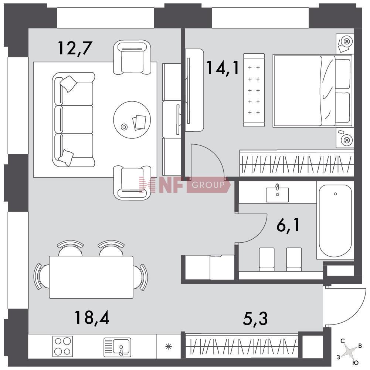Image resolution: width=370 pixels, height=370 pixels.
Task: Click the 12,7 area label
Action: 74,48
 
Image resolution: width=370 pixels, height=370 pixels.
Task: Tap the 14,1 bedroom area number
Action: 223,68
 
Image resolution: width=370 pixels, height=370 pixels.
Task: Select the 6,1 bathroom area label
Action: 288,225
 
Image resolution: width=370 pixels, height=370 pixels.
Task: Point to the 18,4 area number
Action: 92,317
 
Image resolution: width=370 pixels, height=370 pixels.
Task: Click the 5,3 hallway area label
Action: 255,319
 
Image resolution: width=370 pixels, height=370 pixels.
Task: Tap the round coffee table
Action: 132,120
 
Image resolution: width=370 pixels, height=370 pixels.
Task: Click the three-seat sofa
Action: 74,120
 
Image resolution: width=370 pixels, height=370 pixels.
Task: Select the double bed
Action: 313,91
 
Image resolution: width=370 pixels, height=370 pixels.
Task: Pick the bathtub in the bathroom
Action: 335,221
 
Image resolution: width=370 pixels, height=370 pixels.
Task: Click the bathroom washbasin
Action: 277,195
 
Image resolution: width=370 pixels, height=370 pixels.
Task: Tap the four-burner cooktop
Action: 62,346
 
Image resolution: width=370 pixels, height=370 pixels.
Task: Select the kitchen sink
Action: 117,347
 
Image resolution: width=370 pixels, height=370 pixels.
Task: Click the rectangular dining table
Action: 91,277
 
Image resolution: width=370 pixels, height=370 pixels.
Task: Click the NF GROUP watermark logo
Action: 184,185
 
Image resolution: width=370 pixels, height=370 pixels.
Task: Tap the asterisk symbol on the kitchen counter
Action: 169,347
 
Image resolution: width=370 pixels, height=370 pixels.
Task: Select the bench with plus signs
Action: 254,90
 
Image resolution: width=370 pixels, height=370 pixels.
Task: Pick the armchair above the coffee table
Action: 132,57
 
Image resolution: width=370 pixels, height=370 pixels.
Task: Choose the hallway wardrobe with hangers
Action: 242,346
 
